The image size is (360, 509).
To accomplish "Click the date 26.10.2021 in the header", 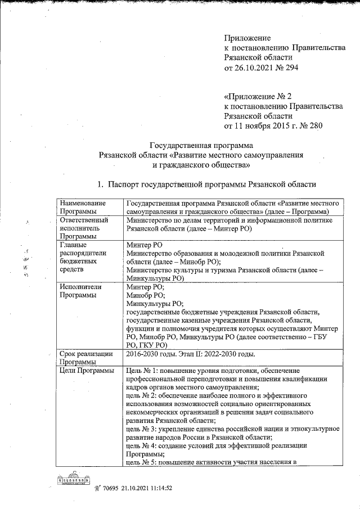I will (x=256, y=68).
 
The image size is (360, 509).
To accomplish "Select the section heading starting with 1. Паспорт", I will (x=207, y=184).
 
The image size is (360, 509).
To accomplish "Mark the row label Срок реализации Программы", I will (x=87, y=358).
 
